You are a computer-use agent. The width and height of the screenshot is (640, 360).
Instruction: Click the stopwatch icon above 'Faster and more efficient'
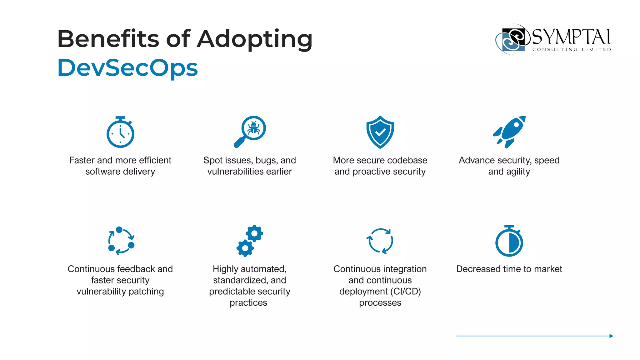point(120,132)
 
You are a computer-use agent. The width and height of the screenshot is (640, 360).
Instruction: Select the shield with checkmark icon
point(380,132)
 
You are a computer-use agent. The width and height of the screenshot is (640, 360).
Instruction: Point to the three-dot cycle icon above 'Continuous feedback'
point(121,241)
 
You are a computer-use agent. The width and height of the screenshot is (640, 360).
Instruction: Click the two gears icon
point(250,241)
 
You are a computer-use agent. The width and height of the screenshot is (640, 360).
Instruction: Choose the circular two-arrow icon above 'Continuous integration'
point(380,241)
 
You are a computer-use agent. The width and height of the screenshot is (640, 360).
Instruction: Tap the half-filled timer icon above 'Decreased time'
point(509,241)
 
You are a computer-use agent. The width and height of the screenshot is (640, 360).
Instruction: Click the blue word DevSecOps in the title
point(127,68)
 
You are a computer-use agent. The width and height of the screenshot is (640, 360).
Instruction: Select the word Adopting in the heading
point(255,39)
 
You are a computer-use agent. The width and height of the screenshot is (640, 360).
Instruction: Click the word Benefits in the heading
point(108,39)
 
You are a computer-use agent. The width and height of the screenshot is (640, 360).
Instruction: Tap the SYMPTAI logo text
point(571,37)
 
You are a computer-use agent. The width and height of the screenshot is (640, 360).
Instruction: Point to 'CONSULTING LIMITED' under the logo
point(572,49)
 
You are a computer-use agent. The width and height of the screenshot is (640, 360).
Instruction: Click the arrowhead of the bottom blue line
point(611,336)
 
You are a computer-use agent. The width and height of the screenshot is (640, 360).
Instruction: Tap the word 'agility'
point(518,172)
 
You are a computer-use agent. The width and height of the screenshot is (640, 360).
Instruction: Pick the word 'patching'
point(146,292)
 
